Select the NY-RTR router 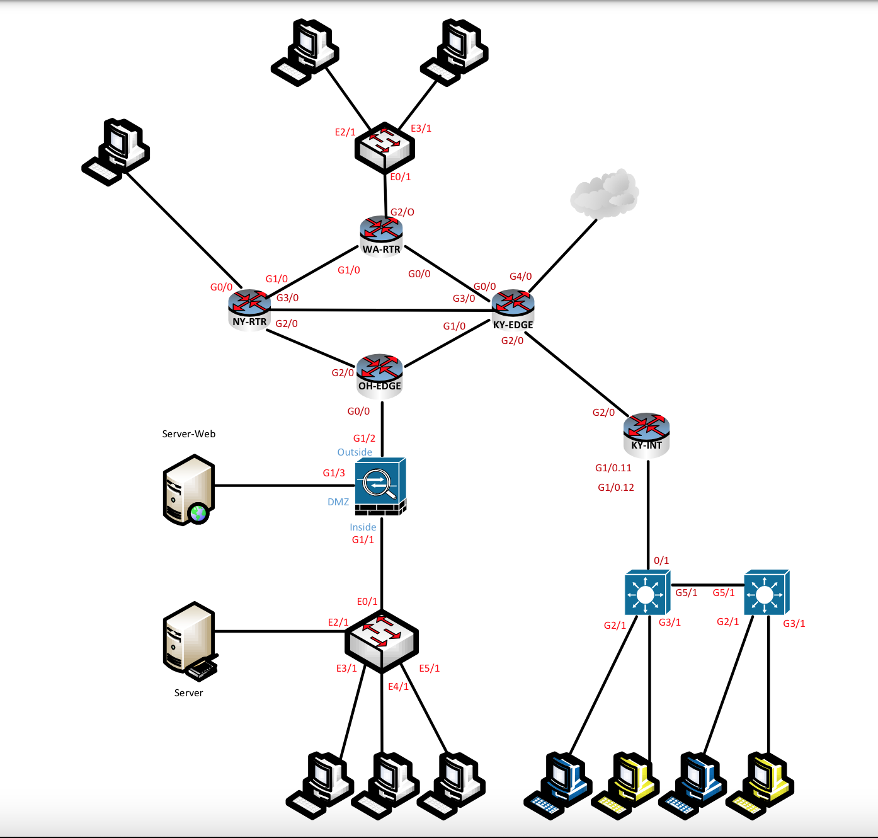[x=249, y=308]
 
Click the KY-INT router [x=646, y=432]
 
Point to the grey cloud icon [x=604, y=193]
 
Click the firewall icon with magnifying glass [x=380, y=486]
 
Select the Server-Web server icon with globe [x=188, y=490]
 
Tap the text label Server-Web [x=189, y=434]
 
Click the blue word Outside [x=355, y=452]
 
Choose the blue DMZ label [x=338, y=502]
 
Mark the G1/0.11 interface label [x=613, y=468]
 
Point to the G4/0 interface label [x=521, y=277]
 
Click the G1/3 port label [x=334, y=473]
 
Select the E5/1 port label [x=430, y=669]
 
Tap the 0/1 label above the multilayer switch [x=661, y=561]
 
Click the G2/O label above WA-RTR [x=402, y=212]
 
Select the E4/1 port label [x=398, y=687]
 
